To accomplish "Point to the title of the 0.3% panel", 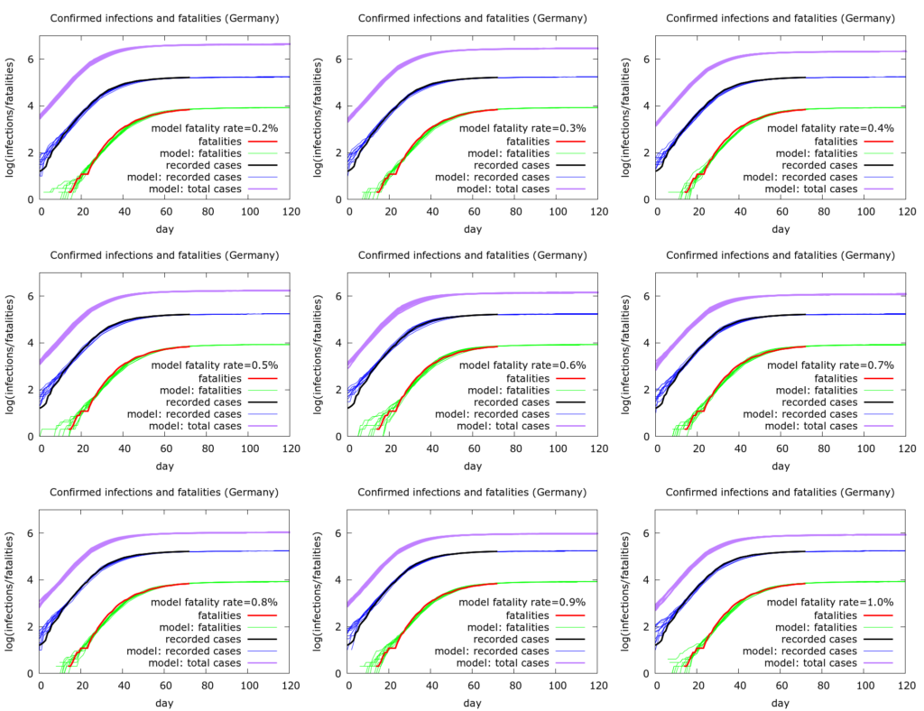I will (x=473, y=18).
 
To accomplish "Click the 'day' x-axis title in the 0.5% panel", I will (x=164, y=466).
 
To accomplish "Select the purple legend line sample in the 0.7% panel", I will (x=879, y=426).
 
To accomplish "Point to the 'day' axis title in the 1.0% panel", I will (x=781, y=703).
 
